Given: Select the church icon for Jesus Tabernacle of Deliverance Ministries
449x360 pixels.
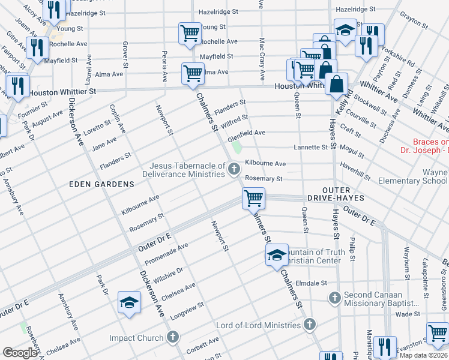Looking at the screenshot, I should [234, 170].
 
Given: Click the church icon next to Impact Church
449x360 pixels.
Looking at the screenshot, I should [173, 338].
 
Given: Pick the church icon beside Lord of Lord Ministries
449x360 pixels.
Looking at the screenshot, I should [310, 325].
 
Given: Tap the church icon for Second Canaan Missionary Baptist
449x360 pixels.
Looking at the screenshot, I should [335, 296].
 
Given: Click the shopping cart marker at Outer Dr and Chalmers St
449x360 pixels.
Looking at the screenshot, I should [253, 198].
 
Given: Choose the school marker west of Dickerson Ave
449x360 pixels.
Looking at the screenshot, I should [128, 302].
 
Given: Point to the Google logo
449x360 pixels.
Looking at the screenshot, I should [20, 352].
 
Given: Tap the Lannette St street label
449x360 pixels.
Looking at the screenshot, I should [310, 147].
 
